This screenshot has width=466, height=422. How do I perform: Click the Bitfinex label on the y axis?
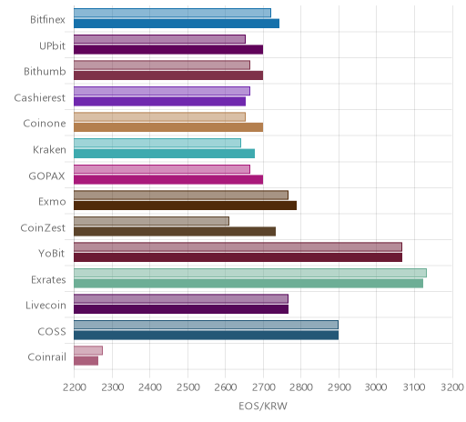47,20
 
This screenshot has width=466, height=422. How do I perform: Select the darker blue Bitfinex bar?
177,24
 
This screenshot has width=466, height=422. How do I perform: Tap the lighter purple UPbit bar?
159,39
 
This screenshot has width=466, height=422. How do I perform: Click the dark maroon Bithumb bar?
168,75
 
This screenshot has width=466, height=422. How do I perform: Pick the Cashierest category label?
40,98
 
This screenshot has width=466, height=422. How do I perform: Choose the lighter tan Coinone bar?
159,117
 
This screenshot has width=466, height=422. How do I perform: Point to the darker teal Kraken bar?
164,154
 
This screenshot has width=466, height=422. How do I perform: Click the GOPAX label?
46,176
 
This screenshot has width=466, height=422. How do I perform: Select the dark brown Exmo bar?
185,206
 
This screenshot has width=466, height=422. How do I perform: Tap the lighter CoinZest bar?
151,221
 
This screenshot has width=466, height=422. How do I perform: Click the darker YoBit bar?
238,257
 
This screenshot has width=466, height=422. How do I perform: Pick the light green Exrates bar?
250,273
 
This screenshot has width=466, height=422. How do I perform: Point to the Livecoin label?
46,306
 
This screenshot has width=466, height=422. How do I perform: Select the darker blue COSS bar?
206,336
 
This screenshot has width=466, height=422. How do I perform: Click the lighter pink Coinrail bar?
88,350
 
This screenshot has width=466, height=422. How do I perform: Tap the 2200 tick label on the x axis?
75,387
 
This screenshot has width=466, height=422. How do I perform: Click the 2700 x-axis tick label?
263,387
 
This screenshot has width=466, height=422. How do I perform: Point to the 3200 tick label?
452,387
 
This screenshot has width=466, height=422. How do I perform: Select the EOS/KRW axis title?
263,406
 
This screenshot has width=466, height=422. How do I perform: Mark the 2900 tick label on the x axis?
339,387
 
